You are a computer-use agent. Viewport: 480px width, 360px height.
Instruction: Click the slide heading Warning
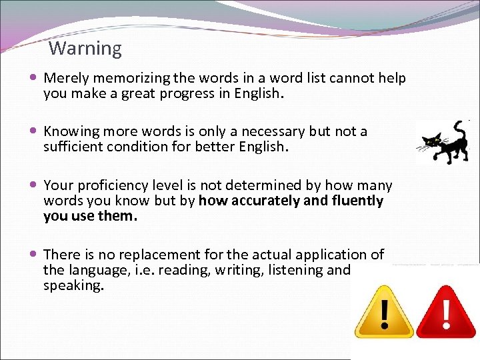click(85, 49)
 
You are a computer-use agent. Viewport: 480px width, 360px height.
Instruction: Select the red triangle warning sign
click(445, 311)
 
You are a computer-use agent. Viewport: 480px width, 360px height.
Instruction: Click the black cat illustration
click(443, 141)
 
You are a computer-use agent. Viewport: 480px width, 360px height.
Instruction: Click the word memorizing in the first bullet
click(125, 79)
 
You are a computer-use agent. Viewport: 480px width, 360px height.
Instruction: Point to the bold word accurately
click(261, 201)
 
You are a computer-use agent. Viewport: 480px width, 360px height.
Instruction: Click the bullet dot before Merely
click(34, 78)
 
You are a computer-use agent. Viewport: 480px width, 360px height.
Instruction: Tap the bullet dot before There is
click(34, 254)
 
